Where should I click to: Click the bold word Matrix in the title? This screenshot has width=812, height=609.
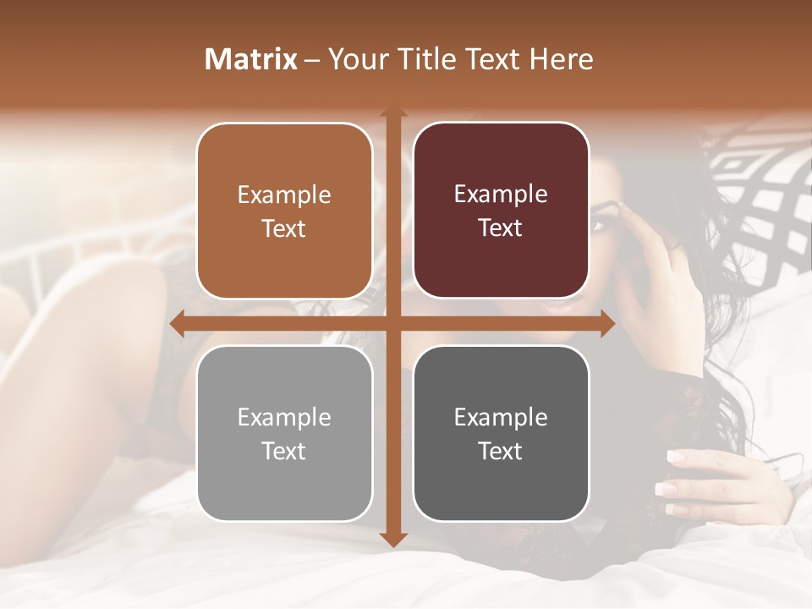click(x=251, y=59)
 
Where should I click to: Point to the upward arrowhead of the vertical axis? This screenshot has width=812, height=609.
click(x=393, y=112)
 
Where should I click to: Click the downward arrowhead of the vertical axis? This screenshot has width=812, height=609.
click(x=393, y=539)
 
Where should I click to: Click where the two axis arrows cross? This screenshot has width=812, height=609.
click(x=393, y=324)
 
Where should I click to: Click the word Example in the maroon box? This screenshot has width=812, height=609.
click(x=501, y=195)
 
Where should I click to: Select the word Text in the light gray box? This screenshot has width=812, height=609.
click(x=283, y=451)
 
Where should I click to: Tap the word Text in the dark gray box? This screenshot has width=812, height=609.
click(x=500, y=451)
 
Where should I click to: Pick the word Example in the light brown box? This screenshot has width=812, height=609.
click(x=284, y=195)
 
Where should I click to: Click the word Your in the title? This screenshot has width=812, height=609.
click(x=354, y=59)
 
